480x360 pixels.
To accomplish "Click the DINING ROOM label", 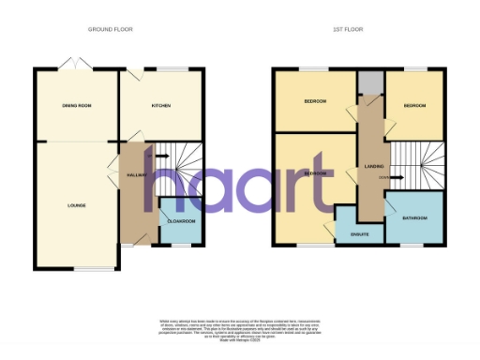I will pos(76,105).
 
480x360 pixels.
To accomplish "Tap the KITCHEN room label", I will pos(161,105).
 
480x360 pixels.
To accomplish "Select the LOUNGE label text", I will pos(76,204).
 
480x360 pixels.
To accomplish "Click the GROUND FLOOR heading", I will pos(110,30).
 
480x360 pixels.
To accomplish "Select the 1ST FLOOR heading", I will pos(347,30).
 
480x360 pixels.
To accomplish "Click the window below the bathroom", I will pos(413,245).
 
